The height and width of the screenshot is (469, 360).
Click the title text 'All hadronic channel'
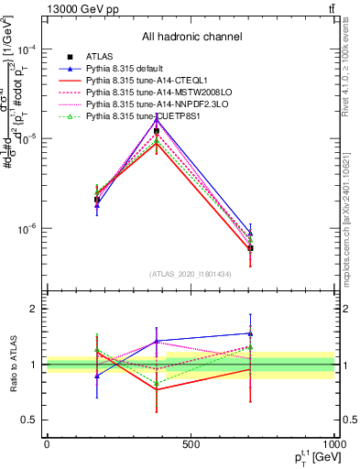pyautogui.click(x=191, y=37)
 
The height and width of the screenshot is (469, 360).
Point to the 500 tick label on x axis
pyautogui.click(x=191, y=444)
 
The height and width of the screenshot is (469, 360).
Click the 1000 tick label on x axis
pyautogui.click(x=332, y=444)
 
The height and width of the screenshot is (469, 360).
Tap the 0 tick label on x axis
pyautogui.click(x=47, y=444)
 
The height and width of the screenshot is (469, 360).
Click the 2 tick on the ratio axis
pyautogui.click(x=35, y=309)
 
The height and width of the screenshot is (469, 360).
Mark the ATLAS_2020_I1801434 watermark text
pyautogui.click(x=191, y=274)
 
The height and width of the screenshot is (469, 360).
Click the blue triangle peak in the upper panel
pyautogui.click(x=157, y=118)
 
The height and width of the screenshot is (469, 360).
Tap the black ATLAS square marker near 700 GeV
pyautogui.click(x=250, y=248)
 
